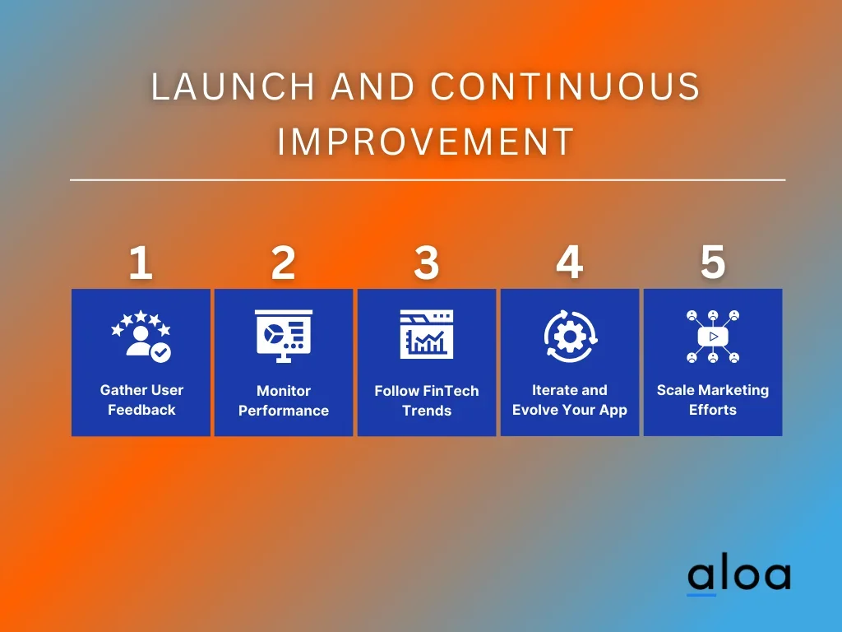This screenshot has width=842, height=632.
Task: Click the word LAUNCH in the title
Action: point(233,86)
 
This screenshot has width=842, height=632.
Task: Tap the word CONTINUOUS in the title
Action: point(566,86)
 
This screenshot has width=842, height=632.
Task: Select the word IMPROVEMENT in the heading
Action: point(426,142)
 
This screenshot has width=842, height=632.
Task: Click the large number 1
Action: point(141,263)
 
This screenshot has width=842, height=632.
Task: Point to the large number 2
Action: point(283,263)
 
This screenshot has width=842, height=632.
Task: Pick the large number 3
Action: point(427,263)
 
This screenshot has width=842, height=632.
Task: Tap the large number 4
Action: point(569,263)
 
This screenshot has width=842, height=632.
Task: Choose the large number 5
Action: point(713,263)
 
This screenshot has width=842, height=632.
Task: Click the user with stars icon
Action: point(141,336)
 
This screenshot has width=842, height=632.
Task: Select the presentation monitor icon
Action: point(284,336)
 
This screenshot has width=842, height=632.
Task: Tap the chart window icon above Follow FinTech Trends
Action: point(427,334)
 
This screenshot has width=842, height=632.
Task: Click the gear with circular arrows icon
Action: point(571,337)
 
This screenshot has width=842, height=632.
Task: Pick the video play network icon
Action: point(713,337)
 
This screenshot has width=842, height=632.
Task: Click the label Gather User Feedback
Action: point(141,400)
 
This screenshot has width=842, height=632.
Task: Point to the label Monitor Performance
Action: point(284,401)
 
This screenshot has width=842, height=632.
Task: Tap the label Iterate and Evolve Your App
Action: point(570,400)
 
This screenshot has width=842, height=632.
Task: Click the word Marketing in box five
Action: point(736,391)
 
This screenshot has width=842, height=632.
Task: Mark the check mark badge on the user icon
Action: point(160,352)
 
